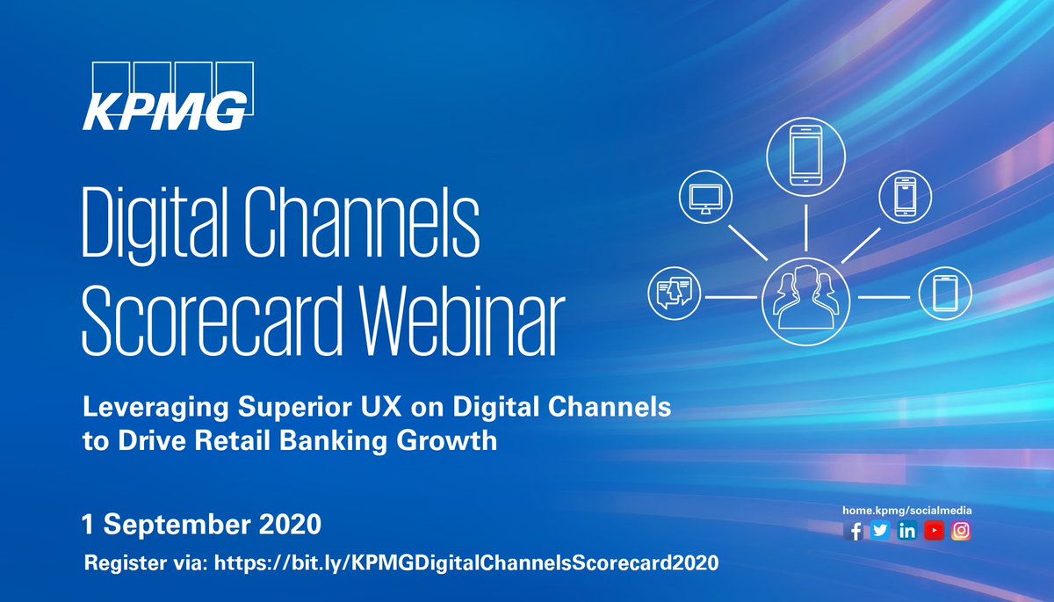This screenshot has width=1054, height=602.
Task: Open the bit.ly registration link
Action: pyautogui.click(x=466, y=562)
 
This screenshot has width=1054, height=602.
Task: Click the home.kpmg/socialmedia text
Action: pyautogui.click(x=907, y=510)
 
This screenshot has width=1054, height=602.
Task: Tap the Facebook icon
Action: pyautogui.click(x=854, y=531)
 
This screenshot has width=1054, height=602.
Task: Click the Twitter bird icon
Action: pyautogui.click(x=880, y=531)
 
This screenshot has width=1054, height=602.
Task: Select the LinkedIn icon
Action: pyautogui.click(x=907, y=531)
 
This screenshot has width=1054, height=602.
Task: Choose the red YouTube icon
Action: pyautogui.click(x=934, y=531)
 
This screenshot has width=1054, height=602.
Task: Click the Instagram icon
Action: pyautogui.click(x=961, y=531)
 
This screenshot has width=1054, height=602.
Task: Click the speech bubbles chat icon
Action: pyautogui.click(x=674, y=292)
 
